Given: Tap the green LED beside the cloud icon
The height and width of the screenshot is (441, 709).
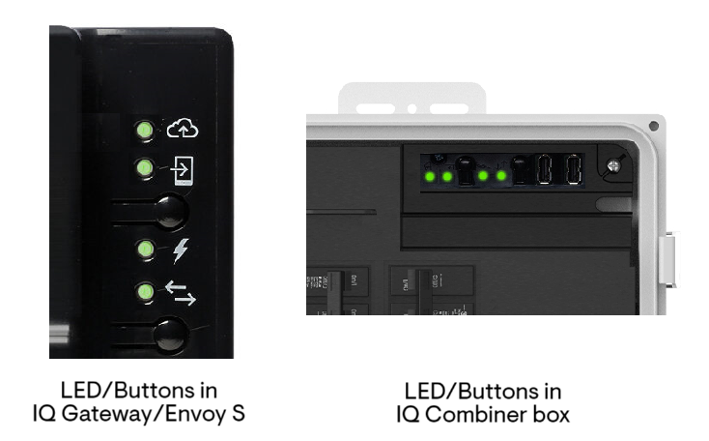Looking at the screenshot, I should (144, 129).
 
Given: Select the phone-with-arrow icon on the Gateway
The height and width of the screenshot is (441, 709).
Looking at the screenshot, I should (182, 169).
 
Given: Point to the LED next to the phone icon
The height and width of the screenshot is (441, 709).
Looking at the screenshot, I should (144, 169).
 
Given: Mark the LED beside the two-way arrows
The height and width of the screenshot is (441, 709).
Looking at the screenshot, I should (144, 291).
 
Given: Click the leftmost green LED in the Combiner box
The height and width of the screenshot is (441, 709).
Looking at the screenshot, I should (429, 176).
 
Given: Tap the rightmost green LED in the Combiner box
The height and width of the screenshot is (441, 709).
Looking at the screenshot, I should (500, 176).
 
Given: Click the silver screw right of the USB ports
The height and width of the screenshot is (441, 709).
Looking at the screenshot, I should (612, 166).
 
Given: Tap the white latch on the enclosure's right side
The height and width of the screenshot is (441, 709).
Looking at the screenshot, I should (667, 259).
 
